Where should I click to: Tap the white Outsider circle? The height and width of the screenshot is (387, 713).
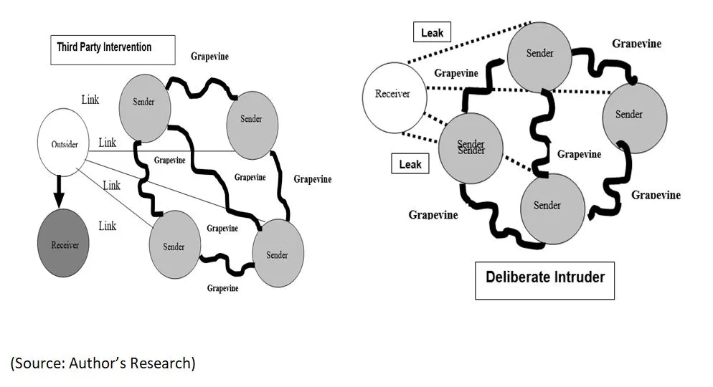click(x=64, y=143)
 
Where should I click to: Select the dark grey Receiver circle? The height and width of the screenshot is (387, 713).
click(x=65, y=244)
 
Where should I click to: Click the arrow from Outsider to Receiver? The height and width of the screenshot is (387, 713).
click(x=60, y=189)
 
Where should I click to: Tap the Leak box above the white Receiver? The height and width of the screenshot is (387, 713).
click(x=432, y=32)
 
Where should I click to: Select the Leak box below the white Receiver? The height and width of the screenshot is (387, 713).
click(x=410, y=165)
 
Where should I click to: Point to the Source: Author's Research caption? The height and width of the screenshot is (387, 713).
click(x=103, y=363)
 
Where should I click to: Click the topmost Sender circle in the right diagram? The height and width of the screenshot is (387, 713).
click(x=540, y=54)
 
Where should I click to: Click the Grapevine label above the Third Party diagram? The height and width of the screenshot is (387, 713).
click(x=209, y=56)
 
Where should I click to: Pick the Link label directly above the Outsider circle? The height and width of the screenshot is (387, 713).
click(x=90, y=100)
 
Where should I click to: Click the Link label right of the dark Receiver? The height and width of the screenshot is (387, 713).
click(x=107, y=226)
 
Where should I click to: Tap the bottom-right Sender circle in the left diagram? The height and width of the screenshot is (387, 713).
click(x=277, y=254)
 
